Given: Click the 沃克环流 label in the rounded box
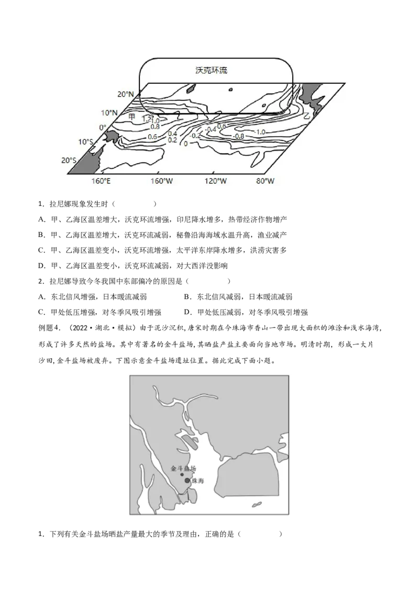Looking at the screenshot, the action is pyautogui.click(x=212, y=70).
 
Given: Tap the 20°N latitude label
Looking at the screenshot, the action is pyautogui.click(x=125, y=94).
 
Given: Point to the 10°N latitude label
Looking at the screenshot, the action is pyautogui.click(x=109, y=112).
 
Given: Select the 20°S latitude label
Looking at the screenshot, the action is pyautogui.click(x=69, y=161).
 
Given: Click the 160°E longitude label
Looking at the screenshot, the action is pyautogui.click(x=101, y=181).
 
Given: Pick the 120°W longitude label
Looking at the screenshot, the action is pyautogui.click(x=215, y=181).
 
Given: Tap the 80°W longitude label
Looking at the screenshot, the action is pyautogui.click(x=264, y=181).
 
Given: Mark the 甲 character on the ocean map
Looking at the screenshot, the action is pyautogui.click(x=131, y=117).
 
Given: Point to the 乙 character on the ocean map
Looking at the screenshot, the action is pyautogui.click(x=307, y=115).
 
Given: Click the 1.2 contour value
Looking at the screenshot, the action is pyautogui.click(x=146, y=119).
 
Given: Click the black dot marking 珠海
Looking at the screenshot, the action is pyautogui.click(x=187, y=480).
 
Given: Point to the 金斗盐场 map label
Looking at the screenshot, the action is pyautogui.click(x=183, y=469).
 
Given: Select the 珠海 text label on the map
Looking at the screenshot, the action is pyautogui.click(x=198, y=481).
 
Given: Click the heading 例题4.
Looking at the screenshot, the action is pyautogui.click(x=50, y=328).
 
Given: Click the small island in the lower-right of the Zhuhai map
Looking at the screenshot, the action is pyautogui.click(x=257, y=505).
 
